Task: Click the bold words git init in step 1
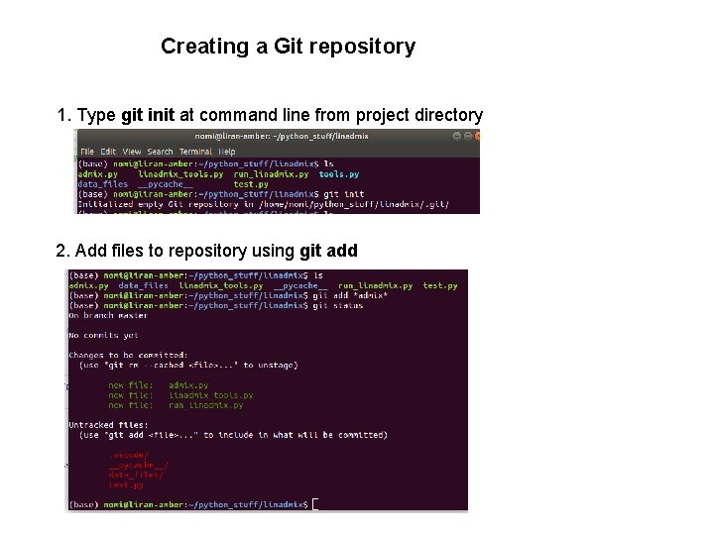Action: (x=148, y=116)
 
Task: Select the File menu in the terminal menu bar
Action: (x=87, y=152)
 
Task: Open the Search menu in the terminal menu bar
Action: (x=159, y=152)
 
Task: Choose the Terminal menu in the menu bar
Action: (x=195, y=152)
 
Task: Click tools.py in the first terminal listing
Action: (x=338, y=173)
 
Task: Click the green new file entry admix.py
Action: (x=188, y=385)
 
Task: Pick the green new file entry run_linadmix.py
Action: (x=205, y=405)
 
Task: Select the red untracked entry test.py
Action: (x=126, y=485)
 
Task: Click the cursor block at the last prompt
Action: (x=316, y=504)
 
